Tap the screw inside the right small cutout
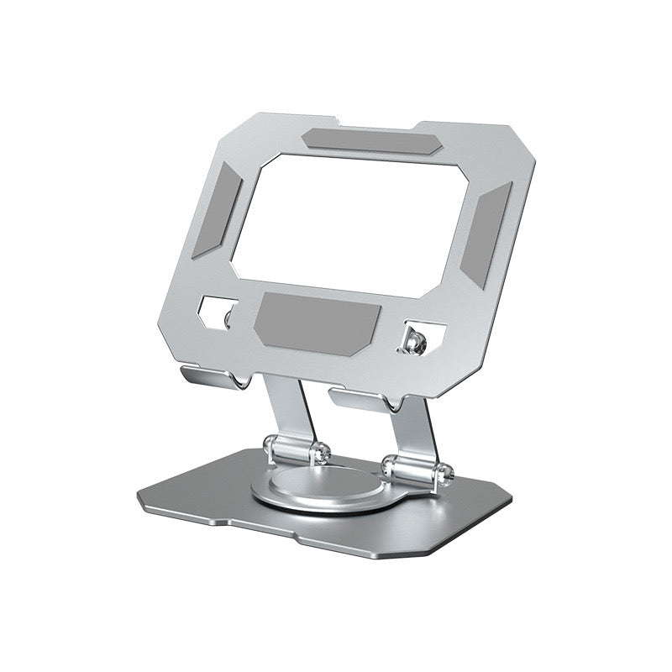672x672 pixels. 413,341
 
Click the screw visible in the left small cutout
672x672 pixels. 228,317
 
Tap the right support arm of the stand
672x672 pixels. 420,433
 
